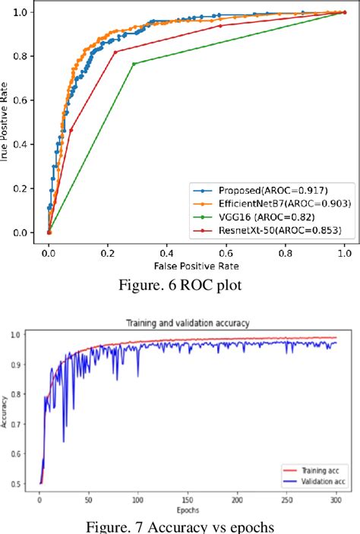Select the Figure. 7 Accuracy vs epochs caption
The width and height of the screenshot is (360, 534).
pos(180,523)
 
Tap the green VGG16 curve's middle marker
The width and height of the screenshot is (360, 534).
pos(134,64)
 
